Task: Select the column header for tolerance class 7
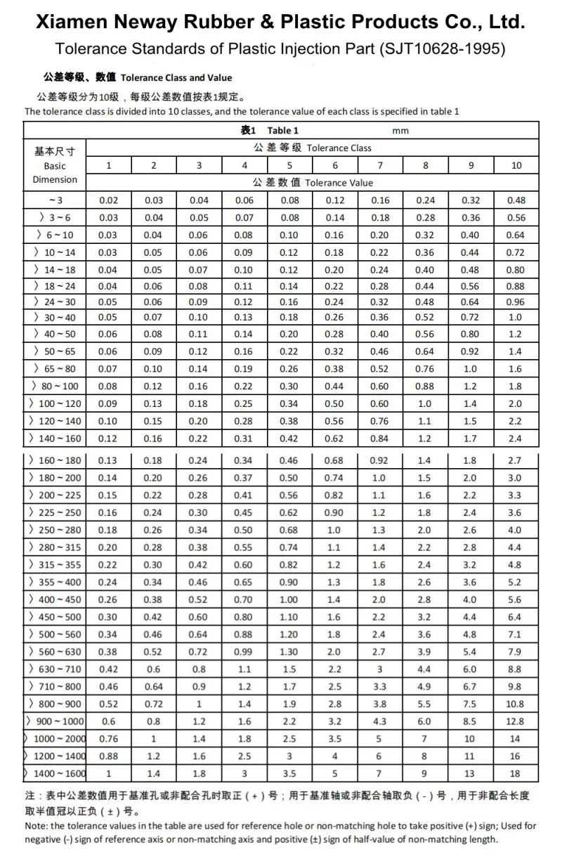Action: (380, 166)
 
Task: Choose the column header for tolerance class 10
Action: (516, 166)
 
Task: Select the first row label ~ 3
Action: (56, 201)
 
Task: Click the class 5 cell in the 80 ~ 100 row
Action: (289, 387)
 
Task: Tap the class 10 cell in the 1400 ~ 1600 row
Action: (516, 774)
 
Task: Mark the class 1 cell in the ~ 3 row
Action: (109, 201)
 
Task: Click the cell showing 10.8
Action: (516, 704)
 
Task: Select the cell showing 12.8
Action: (516, 722)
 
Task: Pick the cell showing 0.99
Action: (244, 652)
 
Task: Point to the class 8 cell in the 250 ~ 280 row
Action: (425, 531)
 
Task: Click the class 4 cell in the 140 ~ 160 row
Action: (244, 439)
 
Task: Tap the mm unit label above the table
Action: (400, 131)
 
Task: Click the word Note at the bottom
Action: (36, 826)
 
